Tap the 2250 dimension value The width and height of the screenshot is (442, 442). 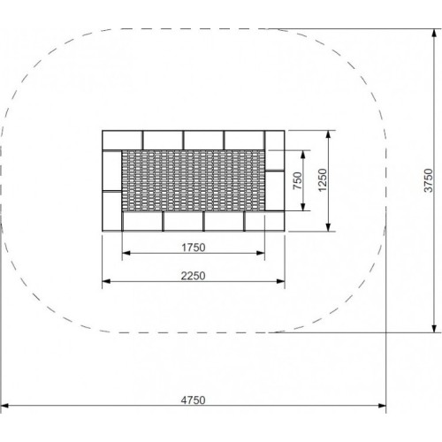pyautogui.click(x=193, y=275)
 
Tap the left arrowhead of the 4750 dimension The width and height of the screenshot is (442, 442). pyautogui.click(x=7, y=407)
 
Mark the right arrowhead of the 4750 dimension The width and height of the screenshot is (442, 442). pyautogui.click(x=383, y=407)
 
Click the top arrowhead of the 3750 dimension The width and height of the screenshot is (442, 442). pyautogui.click(x=434, y=36)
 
